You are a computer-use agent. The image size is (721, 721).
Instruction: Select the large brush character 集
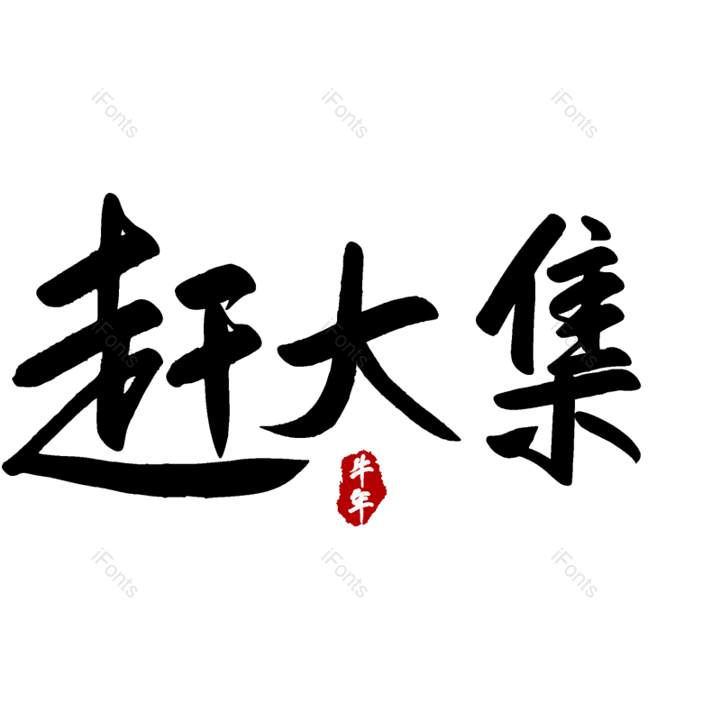559,351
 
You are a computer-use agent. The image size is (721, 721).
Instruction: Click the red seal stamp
361,488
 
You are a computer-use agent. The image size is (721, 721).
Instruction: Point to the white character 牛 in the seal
362,469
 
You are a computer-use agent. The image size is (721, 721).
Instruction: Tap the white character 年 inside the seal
361,505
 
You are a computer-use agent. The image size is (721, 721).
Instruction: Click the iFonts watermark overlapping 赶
114,344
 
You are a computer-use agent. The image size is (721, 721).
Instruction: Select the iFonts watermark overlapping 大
344,344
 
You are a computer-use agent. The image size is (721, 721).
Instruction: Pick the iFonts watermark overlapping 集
574,344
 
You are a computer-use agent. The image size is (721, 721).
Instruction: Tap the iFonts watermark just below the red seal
344,573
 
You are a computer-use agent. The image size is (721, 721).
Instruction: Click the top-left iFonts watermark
114,114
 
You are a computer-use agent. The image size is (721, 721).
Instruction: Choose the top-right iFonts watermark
574,114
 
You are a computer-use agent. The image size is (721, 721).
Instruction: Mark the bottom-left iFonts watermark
114,573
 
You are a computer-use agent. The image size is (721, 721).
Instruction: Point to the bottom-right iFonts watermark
574,573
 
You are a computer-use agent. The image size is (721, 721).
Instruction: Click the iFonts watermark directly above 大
344,114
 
